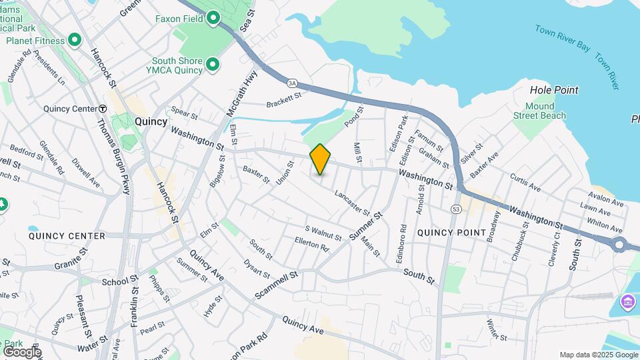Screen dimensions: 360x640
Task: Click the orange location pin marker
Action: (320, 159)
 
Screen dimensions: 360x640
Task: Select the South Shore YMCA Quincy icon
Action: (213, 64)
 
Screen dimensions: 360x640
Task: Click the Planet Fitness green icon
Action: (75, 41)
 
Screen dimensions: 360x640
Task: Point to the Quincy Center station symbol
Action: (103, 109)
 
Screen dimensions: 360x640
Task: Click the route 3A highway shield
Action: (292, 83)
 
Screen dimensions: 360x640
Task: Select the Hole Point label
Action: (553, 90)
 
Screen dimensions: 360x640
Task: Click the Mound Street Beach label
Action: (539, 111)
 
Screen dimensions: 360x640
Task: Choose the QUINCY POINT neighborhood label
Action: (451, 232)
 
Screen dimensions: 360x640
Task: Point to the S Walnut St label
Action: (323, 233)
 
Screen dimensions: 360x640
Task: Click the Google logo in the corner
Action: (21, 351)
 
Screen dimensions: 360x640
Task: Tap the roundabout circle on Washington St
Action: (620, 245)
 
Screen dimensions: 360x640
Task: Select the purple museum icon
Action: (627, 302)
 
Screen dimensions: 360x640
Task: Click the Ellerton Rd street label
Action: (312, 244)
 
